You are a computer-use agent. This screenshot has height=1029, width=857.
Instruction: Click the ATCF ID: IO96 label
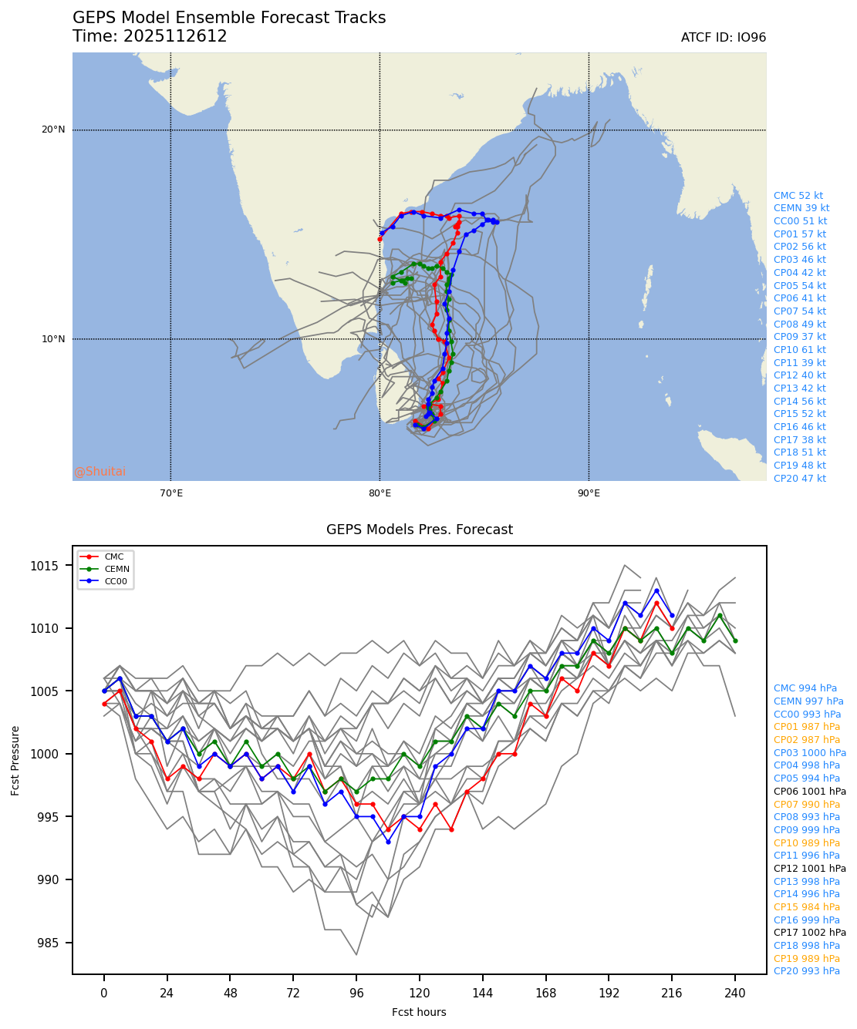(723, 38)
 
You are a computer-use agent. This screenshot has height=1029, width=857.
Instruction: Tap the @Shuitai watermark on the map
(100, 472)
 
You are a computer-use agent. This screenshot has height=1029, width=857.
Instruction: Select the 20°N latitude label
(53, 129)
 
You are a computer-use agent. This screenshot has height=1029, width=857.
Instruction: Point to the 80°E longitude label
(380, 493)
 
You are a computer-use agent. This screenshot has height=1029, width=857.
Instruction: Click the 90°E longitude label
(589, 493)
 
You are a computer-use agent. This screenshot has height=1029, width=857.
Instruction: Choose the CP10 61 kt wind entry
(799, 350)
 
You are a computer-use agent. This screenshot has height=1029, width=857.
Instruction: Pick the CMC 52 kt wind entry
(798, 196)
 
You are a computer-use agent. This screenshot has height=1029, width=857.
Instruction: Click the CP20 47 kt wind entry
(799, 479)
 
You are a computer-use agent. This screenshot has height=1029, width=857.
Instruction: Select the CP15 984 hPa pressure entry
(806, 907)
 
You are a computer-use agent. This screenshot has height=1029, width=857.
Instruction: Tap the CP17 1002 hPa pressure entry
(809, 933)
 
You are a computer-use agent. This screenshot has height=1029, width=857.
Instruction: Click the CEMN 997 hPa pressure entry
(808, 701)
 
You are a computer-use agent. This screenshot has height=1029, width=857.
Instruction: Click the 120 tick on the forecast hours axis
(419, 994)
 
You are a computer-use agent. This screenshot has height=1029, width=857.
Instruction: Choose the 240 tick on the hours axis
(734, 994)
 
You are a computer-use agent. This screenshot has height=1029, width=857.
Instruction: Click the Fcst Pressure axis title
(15, 760)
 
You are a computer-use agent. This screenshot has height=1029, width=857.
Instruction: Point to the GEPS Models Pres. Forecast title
(419, 530)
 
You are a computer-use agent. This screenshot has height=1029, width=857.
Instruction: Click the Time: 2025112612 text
(150, 37)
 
